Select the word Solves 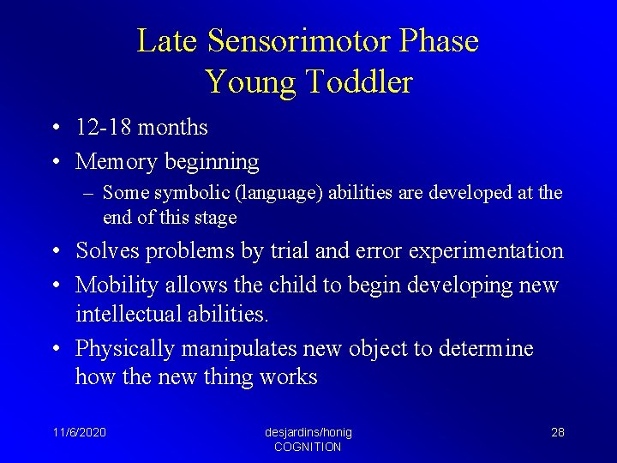[109, 250]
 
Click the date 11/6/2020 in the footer [79, 432]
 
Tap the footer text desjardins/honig [308, 432]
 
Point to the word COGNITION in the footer [308, 447]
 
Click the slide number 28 [557, 432]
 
